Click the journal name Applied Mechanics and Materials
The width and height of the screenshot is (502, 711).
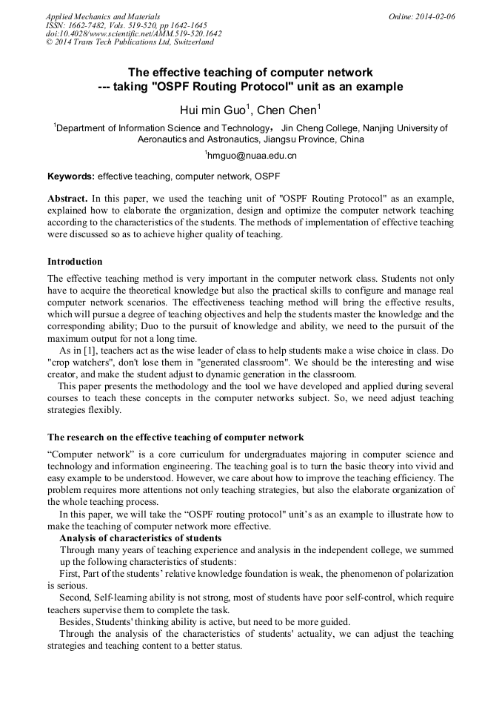coord(102,16)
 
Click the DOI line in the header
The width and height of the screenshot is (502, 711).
coord(133,33)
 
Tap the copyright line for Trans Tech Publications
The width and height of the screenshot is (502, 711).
coord(130,42)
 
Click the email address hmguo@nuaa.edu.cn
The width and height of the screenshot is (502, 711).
coord(252,156)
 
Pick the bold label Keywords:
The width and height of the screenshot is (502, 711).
coord(71,177)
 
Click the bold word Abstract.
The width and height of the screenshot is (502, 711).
coord(67,199)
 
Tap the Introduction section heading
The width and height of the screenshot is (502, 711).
coord(75,262)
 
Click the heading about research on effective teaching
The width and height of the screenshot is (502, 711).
coord(175,437)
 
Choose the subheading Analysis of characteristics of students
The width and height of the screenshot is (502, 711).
coord(140,538)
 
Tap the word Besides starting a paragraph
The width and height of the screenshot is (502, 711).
coord(78,621)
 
